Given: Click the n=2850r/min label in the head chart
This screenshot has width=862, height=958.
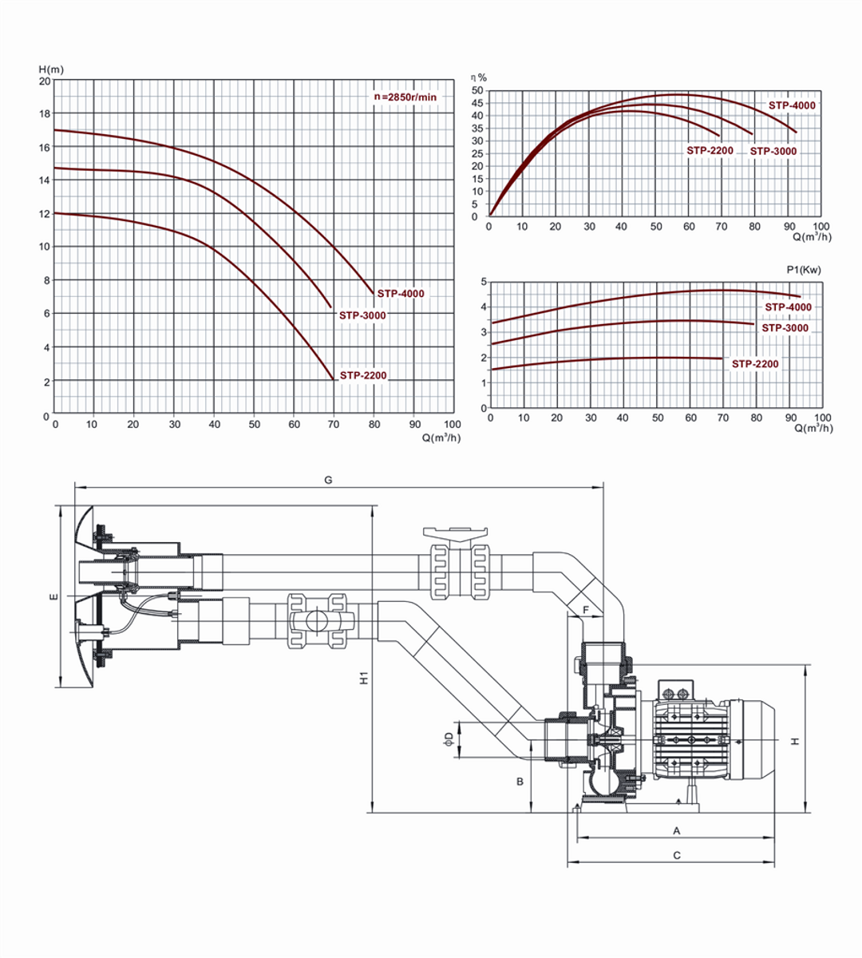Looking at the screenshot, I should click(x=406, y=97).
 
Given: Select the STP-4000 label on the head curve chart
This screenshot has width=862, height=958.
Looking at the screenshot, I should click(x=401, y=294).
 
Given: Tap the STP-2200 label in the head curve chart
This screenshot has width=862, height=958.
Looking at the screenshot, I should click(x=363, y=375).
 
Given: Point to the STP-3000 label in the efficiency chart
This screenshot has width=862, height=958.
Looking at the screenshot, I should click(x=773, y=152).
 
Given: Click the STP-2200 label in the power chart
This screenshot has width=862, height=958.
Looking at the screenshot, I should click(x=755, y=364).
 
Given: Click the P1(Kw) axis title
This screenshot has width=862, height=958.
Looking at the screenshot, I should click(x=803, y=270).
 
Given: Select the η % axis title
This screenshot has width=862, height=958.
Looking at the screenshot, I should click(x=478, y=77).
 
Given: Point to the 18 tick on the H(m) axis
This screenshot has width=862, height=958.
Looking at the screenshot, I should click(x=45, y=113).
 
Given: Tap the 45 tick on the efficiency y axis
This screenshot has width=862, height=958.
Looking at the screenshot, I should click(x=476, y=103).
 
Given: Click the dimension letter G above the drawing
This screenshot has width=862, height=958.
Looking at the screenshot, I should click(x=328, y=481).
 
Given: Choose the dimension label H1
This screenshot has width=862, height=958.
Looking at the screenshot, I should click(x=364, y=679).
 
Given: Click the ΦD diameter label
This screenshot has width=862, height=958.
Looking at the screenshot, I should click(x=449, y=738).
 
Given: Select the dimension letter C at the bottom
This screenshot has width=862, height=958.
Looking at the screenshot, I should click(x=677, y=855).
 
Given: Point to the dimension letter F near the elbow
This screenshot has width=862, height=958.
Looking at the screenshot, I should click(x=587, y=610).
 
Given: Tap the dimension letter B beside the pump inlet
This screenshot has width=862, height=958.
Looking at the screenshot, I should click(x=520, y=782).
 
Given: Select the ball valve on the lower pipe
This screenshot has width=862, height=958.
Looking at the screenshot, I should click(x=317, y=620).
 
